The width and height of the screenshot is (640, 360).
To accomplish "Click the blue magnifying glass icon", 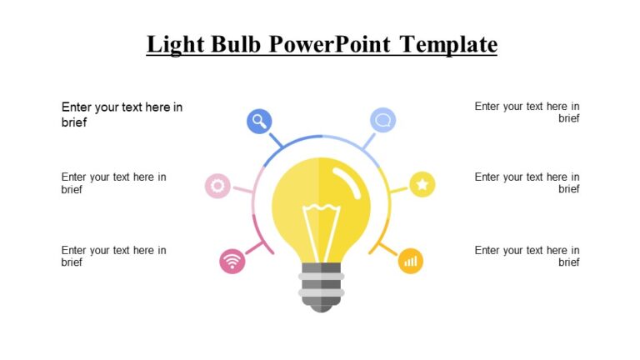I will click(259, 121).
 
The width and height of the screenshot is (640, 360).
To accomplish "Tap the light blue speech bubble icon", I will click(382, 120).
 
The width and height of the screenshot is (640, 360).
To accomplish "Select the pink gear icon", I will click(217, 186).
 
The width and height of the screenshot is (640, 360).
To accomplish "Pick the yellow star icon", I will click(422, 184).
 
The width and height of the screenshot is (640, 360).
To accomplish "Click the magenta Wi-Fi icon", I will click(232, 262).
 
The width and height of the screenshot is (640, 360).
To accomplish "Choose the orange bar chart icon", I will click(410, 261).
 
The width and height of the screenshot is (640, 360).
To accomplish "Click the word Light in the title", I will click(174, 43).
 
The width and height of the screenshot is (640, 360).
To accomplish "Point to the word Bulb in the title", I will click(237, 43).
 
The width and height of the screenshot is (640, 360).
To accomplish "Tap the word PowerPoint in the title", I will click(330, 43).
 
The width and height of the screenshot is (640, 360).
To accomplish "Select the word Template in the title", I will click(448, 43).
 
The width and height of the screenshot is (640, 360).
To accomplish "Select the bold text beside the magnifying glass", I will click(122, 114).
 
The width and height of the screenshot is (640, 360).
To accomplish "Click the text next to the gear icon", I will click(113, 182).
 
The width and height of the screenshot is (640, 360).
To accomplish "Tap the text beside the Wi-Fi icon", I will click(113, 256).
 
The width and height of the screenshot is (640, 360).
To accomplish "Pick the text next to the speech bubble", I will click(527, 112).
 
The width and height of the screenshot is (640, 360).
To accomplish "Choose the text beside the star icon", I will click(527, 182).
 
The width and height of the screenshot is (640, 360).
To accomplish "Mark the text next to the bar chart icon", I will click(527, 256).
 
